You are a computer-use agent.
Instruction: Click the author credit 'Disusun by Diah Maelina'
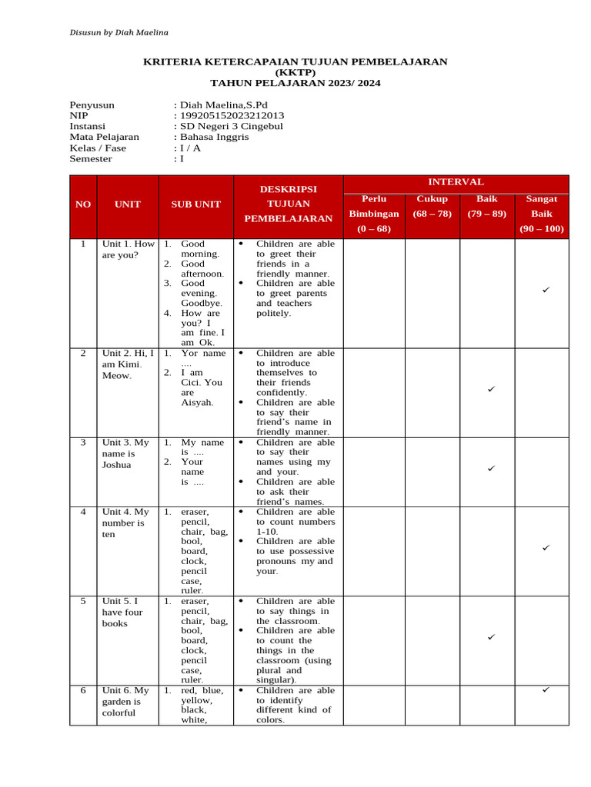tap(119, 32)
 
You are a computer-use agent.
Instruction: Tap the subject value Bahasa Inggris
tap(215, 138)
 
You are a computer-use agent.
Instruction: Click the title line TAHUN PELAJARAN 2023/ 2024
tap(295, 83)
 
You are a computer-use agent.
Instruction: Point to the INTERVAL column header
tap(456, 182)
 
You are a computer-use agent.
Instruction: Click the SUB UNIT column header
tap(195, 204)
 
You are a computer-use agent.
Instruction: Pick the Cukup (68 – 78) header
tap(432, 206)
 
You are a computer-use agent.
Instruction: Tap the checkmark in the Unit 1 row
tap(545, 291)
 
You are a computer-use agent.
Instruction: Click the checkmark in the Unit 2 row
tap(491, 390)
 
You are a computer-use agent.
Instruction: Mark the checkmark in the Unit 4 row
tap(545, 548)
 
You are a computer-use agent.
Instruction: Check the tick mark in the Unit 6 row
tap(545, 690)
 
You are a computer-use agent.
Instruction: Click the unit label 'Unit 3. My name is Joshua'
tap(126, 453)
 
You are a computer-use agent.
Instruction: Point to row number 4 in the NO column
tap(83, 512)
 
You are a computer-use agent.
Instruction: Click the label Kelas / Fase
tap(98, 148)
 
